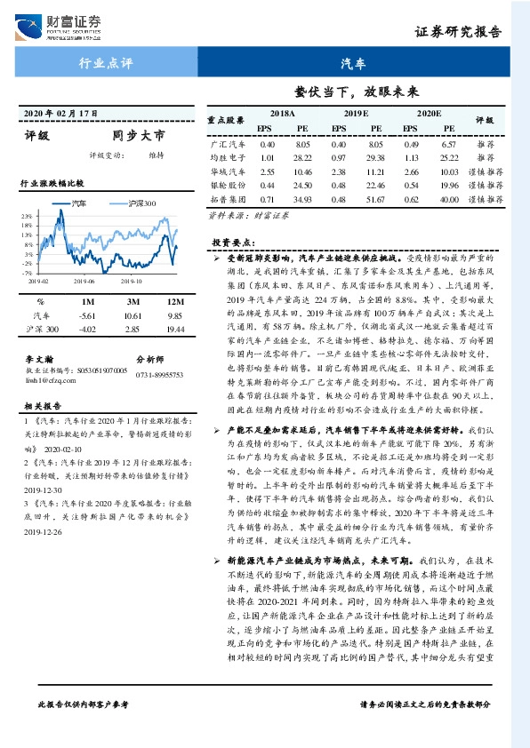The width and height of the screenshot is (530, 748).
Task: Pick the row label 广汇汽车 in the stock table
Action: (x=226, y=143)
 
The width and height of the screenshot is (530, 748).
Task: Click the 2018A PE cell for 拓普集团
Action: (x=303, y=202)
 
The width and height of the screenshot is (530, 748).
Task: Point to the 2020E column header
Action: (x=428, y=115)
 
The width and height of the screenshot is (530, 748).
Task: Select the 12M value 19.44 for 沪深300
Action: (x=174, y=330)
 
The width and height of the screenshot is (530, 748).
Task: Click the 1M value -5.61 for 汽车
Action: (x=86, y=315)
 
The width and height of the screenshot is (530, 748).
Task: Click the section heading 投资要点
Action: (x=232, y=243)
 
